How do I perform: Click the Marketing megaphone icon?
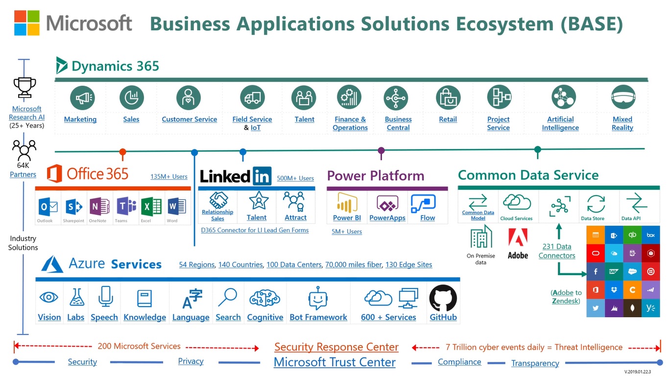pyautogui.click(x=82, y=97)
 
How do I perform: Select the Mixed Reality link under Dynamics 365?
pyautogui.click(x=622, y=123)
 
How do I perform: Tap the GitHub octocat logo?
pyautogui.click(x=443, y=298)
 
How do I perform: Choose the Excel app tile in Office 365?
pyautogui.click(x=146, y=207)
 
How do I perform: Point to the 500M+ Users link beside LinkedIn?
pyautogui.click(x=295, y=178)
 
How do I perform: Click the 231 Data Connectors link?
pyautogui.click(x=557, y=251)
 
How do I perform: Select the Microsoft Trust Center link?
pyautogui.click(x=334, y=362)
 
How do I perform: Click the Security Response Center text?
pyautogui.click(x=336, y=347)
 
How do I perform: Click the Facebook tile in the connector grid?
pyautogui.click(x=596, y=272)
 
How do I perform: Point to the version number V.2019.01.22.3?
pyautogui.click(x=642, y=373)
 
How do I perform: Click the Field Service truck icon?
pyautogui.click(x=252, y=97)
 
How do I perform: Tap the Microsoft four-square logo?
pyautogui.click(x=27, y=23)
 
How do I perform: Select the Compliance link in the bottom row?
pyautogui.click(x=459, y=362)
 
